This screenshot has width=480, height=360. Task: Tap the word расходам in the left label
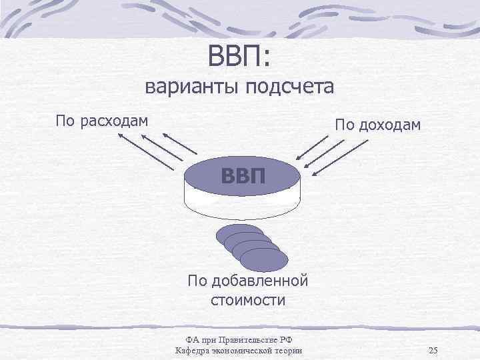click(113, 121)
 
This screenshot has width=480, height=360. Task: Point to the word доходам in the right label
click(387, 125)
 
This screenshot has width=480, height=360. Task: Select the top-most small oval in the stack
click(239, 235)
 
